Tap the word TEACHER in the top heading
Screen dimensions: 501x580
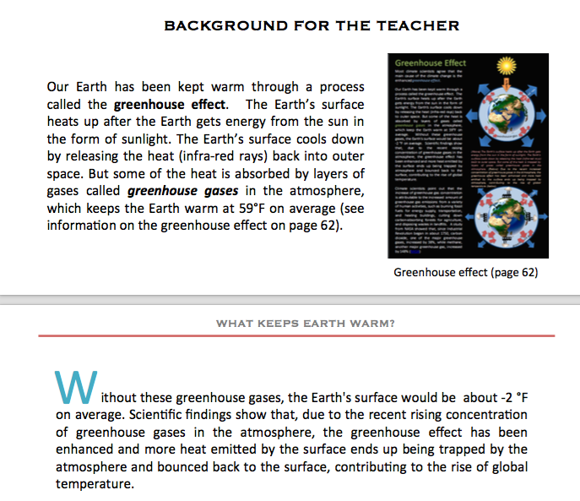421,25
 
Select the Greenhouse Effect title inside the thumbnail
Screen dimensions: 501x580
430,64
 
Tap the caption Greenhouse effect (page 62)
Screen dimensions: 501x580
465,272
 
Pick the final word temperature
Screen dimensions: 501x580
95,485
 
